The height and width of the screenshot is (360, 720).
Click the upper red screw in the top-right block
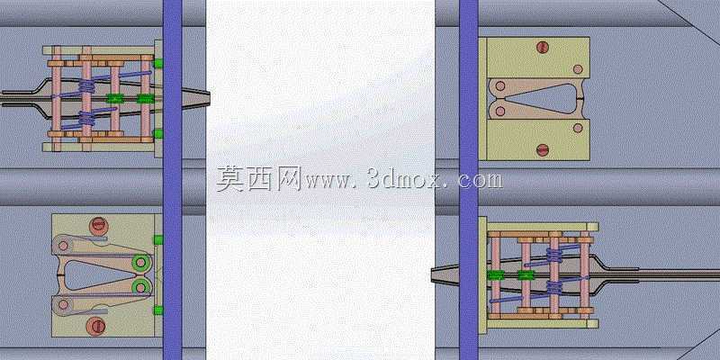(543, 48)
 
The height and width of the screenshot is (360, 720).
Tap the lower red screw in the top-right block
(543, 149)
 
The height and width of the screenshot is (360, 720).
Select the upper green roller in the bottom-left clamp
(141, 263)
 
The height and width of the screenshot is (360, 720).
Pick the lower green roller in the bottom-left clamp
(141, 287)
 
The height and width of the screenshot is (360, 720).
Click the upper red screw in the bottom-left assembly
(98, 226)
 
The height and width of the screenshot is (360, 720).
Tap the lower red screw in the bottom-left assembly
(96, 326)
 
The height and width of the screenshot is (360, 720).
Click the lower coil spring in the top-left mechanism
(86, 118)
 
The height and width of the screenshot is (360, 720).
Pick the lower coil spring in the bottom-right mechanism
(554, 288)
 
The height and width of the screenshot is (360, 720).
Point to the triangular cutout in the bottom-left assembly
(94, 275)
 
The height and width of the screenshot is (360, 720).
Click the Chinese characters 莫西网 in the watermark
(258, 178)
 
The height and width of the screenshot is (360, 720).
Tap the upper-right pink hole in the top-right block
(578, 69)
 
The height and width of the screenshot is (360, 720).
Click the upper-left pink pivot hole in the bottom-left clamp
(63, 246)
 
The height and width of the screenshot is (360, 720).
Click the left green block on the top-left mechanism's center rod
(115, 98)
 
